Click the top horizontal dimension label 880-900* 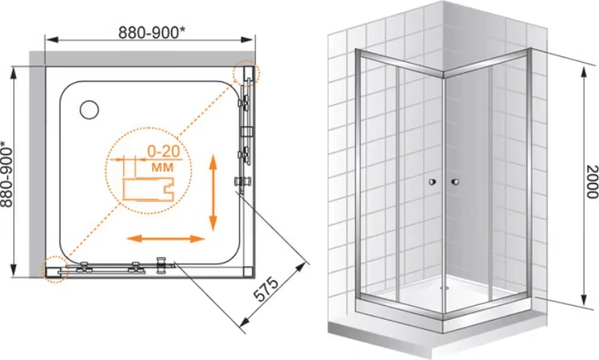152,33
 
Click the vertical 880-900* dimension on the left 7,174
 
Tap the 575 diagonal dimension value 267,290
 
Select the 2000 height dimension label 592,181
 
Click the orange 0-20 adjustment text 163,152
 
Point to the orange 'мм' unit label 163,167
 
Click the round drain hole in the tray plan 90,110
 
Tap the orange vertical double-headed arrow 213,192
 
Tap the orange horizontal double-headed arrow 166,239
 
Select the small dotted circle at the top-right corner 246,72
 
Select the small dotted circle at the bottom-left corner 54,269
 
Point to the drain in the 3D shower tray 443,288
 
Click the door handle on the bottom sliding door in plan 163,265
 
